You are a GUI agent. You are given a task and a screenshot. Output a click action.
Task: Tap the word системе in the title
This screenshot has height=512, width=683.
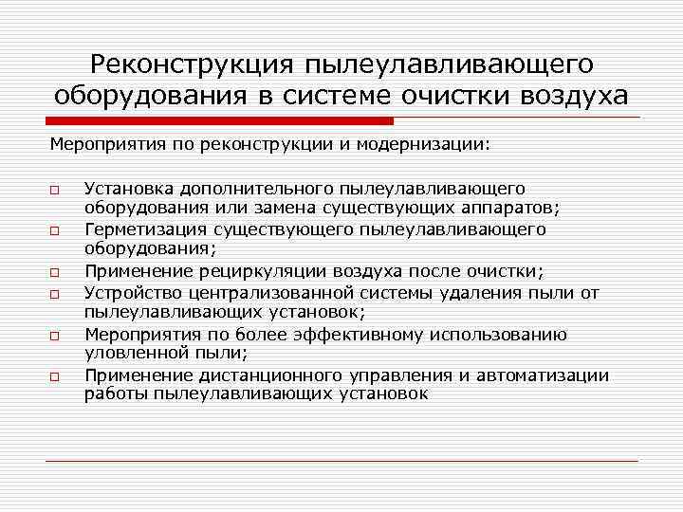tap(380, 97)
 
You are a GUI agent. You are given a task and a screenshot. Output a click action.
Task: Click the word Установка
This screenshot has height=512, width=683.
tap(126, 189)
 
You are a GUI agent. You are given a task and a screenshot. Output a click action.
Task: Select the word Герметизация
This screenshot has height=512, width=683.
tap(138, 229)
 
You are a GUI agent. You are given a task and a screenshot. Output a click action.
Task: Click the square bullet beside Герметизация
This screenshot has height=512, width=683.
tap(56, 230)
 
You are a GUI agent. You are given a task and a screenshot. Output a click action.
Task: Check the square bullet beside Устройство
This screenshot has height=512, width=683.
tap(56, 292)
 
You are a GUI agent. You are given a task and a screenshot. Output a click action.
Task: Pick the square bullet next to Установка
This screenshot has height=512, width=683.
tap(56, 189)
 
